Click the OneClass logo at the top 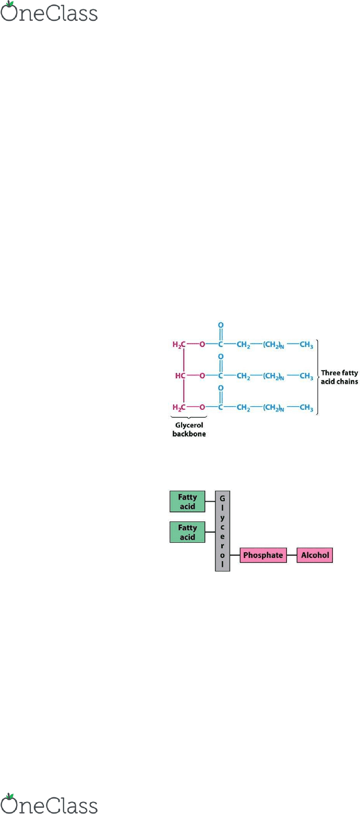pos(49,11)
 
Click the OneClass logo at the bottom pos(49,803)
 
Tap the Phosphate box pos(263,555)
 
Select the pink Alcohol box pos(315,555)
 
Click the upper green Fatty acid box pos(187,502)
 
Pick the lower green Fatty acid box pos(187,532)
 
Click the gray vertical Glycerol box pos(222,531)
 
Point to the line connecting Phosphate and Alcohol pos(292,555)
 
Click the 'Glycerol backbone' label pos(189,429)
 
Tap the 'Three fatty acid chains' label pos(339,377)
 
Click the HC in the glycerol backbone pos(180,375)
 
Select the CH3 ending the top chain pos(306,345)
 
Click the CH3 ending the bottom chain pos(306,408)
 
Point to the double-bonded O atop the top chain pos(220,325)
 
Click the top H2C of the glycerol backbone pos(179,345)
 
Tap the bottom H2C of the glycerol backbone pos(179,408)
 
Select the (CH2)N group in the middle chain pos(273,376)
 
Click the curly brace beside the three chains pos(318,377)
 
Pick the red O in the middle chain pos(202,375)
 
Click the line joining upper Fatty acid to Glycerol pos(210,502)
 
